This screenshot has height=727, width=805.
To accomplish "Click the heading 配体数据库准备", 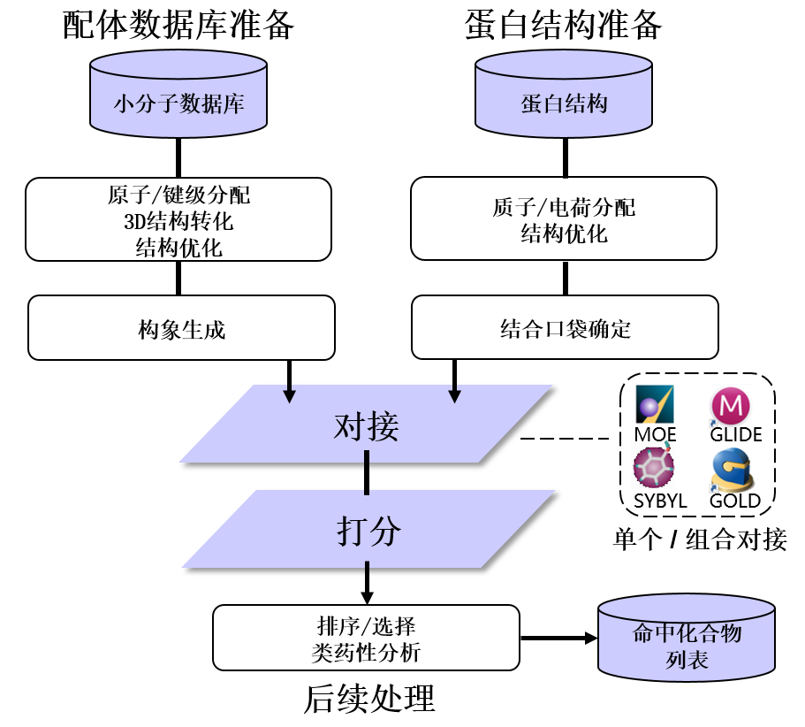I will [178, 25].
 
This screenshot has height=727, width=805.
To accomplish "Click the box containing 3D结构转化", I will [178, 218].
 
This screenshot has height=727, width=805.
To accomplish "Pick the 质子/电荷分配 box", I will [564, 218].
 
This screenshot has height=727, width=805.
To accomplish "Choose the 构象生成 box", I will [182, 328].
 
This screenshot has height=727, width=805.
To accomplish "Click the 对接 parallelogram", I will [367, 425].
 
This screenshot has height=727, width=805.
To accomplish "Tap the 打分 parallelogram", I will [368, 530].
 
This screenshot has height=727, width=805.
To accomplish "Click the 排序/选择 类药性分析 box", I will [366, 638].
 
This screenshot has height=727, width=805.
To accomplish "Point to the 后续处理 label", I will [369, 700].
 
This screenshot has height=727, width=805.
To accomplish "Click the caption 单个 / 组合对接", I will [700, 539].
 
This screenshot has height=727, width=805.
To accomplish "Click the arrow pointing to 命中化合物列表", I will [558, 638].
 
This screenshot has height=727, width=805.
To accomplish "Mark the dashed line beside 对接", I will [566, 438].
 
